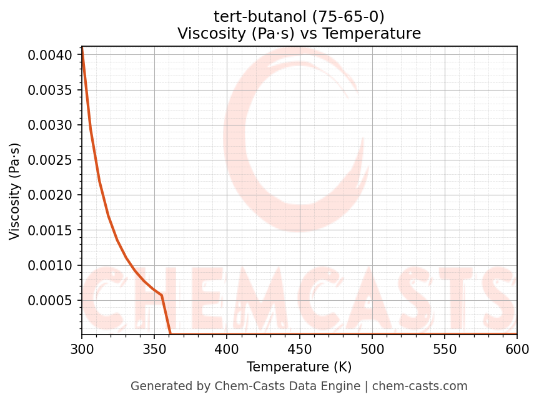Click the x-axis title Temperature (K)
point(299,366)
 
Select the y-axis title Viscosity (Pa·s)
point(15,191)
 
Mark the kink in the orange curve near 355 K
point(162,295)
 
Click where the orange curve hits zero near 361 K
point(171,335)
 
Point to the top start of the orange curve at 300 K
point(82,48)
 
